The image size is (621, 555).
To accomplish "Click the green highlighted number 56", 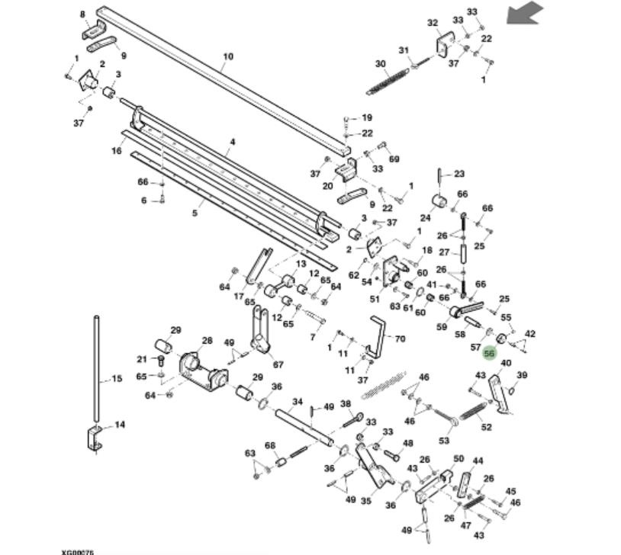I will pos(490,354).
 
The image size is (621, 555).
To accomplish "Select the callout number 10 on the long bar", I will pos(228,56).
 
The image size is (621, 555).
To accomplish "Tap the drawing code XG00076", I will pos(79,551).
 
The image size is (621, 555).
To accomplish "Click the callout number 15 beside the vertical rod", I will pos(117,378).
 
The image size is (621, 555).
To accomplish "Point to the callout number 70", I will pos(401,338).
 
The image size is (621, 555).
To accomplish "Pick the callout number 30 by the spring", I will pos(381,64).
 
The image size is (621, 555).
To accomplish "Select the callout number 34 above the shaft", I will pos(298,402).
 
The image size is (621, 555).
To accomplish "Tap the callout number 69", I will pos(394,159).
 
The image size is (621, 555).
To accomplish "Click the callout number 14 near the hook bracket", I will pos(120,425).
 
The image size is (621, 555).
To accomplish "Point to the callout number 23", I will pos(459,174).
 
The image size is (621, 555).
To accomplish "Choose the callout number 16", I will pos(117,151).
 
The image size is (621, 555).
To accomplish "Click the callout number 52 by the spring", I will pos(486,427).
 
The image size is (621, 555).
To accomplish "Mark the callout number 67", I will pos(278,364).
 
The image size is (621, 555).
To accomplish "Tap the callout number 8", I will pos(82,14).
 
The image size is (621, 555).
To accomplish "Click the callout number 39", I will pos(522,375).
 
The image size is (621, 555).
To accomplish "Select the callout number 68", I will pos(269,446).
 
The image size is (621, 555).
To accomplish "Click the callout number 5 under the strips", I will pos(195,213).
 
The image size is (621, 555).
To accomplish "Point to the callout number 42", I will pos(530,334).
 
